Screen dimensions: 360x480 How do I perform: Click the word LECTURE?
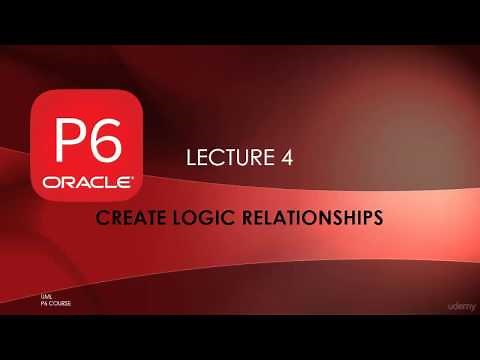pos(224,157)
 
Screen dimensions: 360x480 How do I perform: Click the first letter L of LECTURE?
pos(191,157)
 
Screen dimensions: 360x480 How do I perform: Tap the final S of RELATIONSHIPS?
pos(377,217)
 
